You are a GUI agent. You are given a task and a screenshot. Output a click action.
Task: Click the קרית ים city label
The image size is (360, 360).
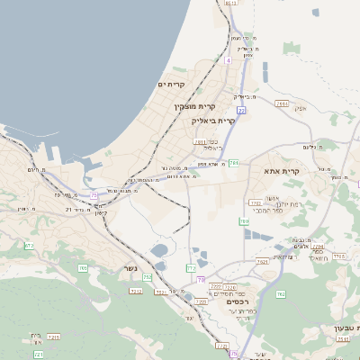point(170,85)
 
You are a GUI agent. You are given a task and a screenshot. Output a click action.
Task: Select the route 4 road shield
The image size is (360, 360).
point(229,60)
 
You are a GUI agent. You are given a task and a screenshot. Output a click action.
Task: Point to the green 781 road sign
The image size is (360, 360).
point(234,163)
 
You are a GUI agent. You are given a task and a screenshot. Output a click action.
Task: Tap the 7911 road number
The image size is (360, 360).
point(283,104)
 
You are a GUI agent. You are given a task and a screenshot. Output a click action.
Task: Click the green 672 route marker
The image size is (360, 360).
point(30,245)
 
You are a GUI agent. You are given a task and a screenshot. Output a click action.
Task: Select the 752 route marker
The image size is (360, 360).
point(148,277)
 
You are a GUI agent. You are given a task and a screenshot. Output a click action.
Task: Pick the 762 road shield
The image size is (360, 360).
point(281,293)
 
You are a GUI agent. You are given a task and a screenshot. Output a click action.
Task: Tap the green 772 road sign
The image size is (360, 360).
point(191,268)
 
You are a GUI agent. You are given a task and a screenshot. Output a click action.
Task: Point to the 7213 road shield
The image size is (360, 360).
point(137,290)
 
